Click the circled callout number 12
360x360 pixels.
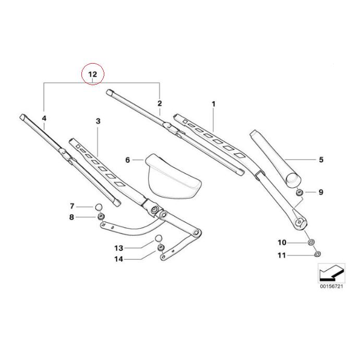point(92,74)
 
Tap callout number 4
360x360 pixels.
point(44,118)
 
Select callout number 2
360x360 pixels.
point(160,104)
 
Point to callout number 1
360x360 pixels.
point(213,104)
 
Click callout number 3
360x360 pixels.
point(98,121)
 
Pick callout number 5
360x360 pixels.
point(321,160)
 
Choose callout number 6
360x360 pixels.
point(128,160)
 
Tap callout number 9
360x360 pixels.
point(321,193)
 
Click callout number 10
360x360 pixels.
point(282,243)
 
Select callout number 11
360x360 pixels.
point(282,256)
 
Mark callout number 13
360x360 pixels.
point(118,248)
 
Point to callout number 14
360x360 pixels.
point(118,259)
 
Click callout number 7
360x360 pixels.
point(72,207)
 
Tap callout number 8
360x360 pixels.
point(72,217)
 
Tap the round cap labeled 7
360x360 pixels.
point(98,207)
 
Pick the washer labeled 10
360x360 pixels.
point(311,243)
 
